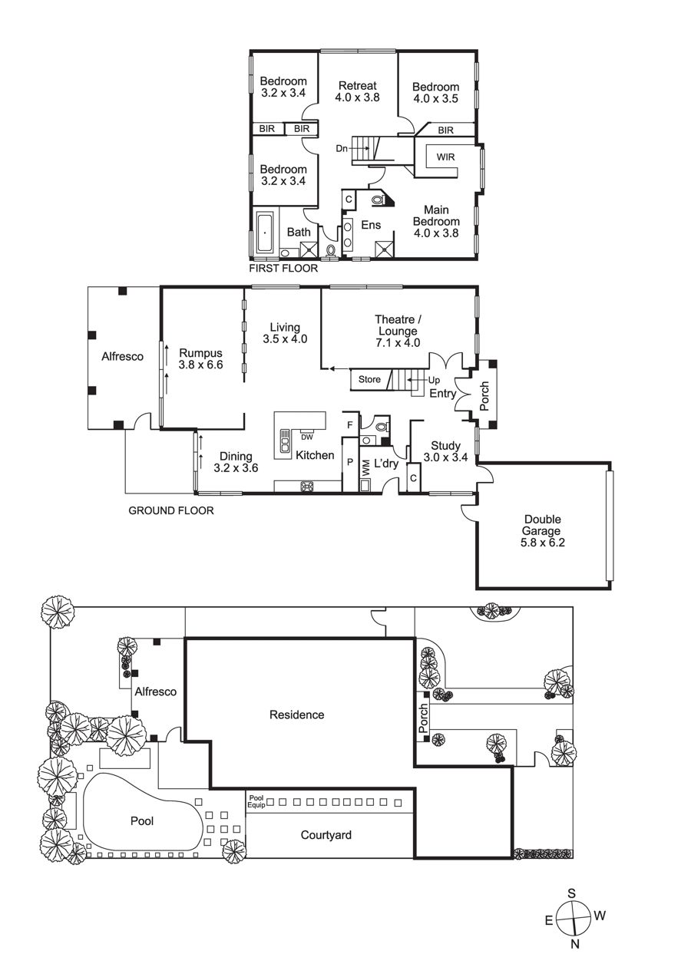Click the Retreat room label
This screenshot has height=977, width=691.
(357, 86)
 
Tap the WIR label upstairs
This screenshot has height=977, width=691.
(445, 157)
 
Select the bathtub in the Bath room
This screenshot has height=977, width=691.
(265, 233)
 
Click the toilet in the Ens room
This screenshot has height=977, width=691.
(377, 200)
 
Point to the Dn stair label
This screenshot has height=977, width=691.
(342, 149)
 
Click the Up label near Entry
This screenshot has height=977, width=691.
(434, 381)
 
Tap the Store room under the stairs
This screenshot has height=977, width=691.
(369, 379)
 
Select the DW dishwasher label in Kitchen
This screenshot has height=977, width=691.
(307, 437)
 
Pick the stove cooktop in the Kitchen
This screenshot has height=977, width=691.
(307, 487)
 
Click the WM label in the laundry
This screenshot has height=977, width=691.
(366, 468)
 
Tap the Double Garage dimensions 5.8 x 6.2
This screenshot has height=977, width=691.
(542, 543)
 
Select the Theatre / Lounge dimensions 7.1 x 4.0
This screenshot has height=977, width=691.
(398, 343)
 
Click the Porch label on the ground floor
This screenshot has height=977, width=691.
(484, 396)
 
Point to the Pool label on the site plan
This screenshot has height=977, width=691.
(142, 821)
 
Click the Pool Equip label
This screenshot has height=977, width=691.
(256, 801)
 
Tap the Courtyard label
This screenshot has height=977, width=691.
(326, 835)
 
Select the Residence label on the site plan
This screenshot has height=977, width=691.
(296, 715)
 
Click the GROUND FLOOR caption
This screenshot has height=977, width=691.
(171, 510)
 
